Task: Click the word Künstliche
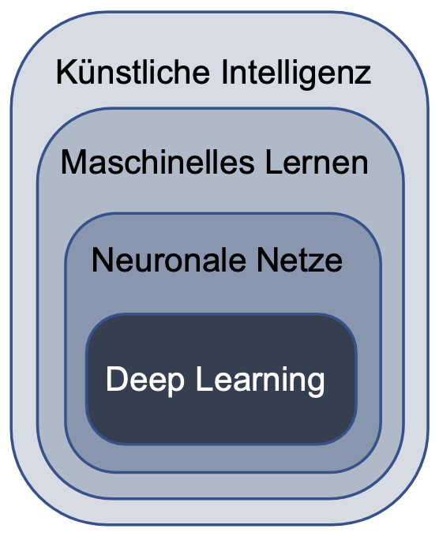click(133, 72)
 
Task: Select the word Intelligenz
click(296, 74)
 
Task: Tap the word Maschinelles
click(157, 162)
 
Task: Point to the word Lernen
click(317, 162)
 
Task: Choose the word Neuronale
click(169, 260)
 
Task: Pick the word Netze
click(299, 260)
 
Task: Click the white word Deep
click(145, 381)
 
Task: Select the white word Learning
click(260, 381)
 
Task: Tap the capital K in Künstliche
click(66, 72)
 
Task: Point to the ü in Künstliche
click(87, 73)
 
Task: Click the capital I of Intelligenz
click(223, 72)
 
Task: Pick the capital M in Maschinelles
click(75, 162)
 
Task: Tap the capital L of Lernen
click(275, 162)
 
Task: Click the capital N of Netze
click(267, 260)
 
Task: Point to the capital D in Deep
click(117, 378)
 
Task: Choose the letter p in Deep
click(176, 384)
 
